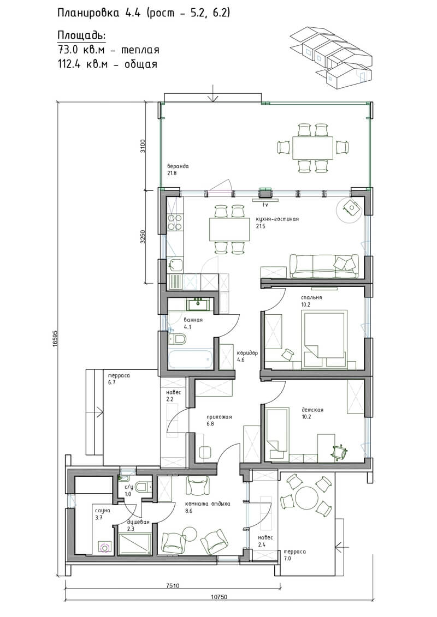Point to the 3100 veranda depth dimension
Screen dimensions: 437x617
(x=143, y=145)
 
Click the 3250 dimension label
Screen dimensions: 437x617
(x=143, y=236)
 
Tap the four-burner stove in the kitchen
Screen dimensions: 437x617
(x=175, y=223)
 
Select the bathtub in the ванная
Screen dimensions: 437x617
(x=191, y=358)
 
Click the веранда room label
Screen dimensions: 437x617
(x=178, y=166)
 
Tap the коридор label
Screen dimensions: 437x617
(x=247, y=353)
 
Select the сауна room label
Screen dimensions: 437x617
(x=103, y=511)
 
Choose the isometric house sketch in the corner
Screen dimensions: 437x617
(x=331, y=56)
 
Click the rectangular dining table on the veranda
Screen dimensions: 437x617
(x=312, y=147)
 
